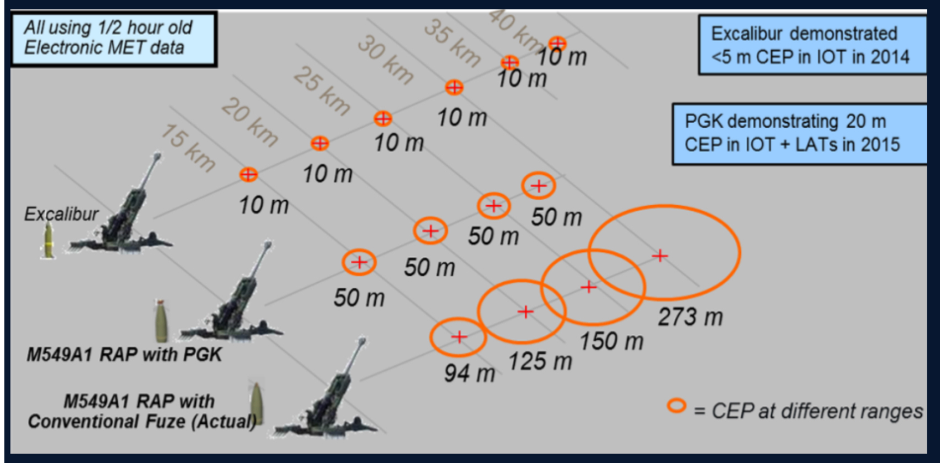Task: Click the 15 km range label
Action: click(188, 148)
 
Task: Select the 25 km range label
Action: click(322, 91)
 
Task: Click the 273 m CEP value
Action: click(690, 317)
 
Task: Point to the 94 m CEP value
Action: click(470, 373)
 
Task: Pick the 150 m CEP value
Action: click(612, 341)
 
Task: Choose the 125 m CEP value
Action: click(540, 361)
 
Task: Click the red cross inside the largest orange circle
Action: click(660, 255)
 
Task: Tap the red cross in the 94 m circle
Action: click(459, 337)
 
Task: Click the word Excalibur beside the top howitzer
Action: click(61, 214)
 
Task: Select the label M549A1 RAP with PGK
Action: click(124, 355)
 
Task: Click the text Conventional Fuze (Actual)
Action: click(142, 421)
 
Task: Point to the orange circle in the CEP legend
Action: click(677, 406)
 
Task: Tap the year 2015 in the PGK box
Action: click(881, 145)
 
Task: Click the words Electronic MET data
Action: click(104, 47)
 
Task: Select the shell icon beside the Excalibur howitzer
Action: click(49, 241)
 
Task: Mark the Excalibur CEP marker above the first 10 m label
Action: click(249, 174)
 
